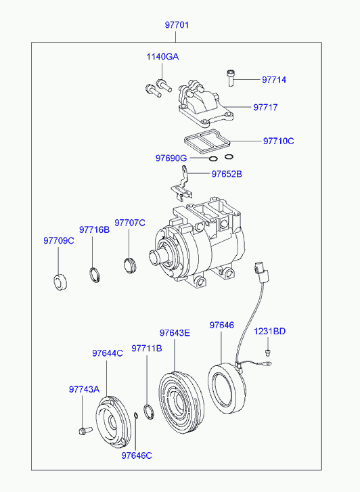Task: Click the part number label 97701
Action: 177,25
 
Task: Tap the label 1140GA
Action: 162,57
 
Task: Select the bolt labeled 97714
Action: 231,78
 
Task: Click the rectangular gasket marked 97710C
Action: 207,139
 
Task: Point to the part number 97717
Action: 265,108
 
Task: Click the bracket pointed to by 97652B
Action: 182,185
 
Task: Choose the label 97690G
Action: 171,158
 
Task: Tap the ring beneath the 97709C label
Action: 60,282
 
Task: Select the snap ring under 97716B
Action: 95,275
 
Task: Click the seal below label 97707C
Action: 130,265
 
